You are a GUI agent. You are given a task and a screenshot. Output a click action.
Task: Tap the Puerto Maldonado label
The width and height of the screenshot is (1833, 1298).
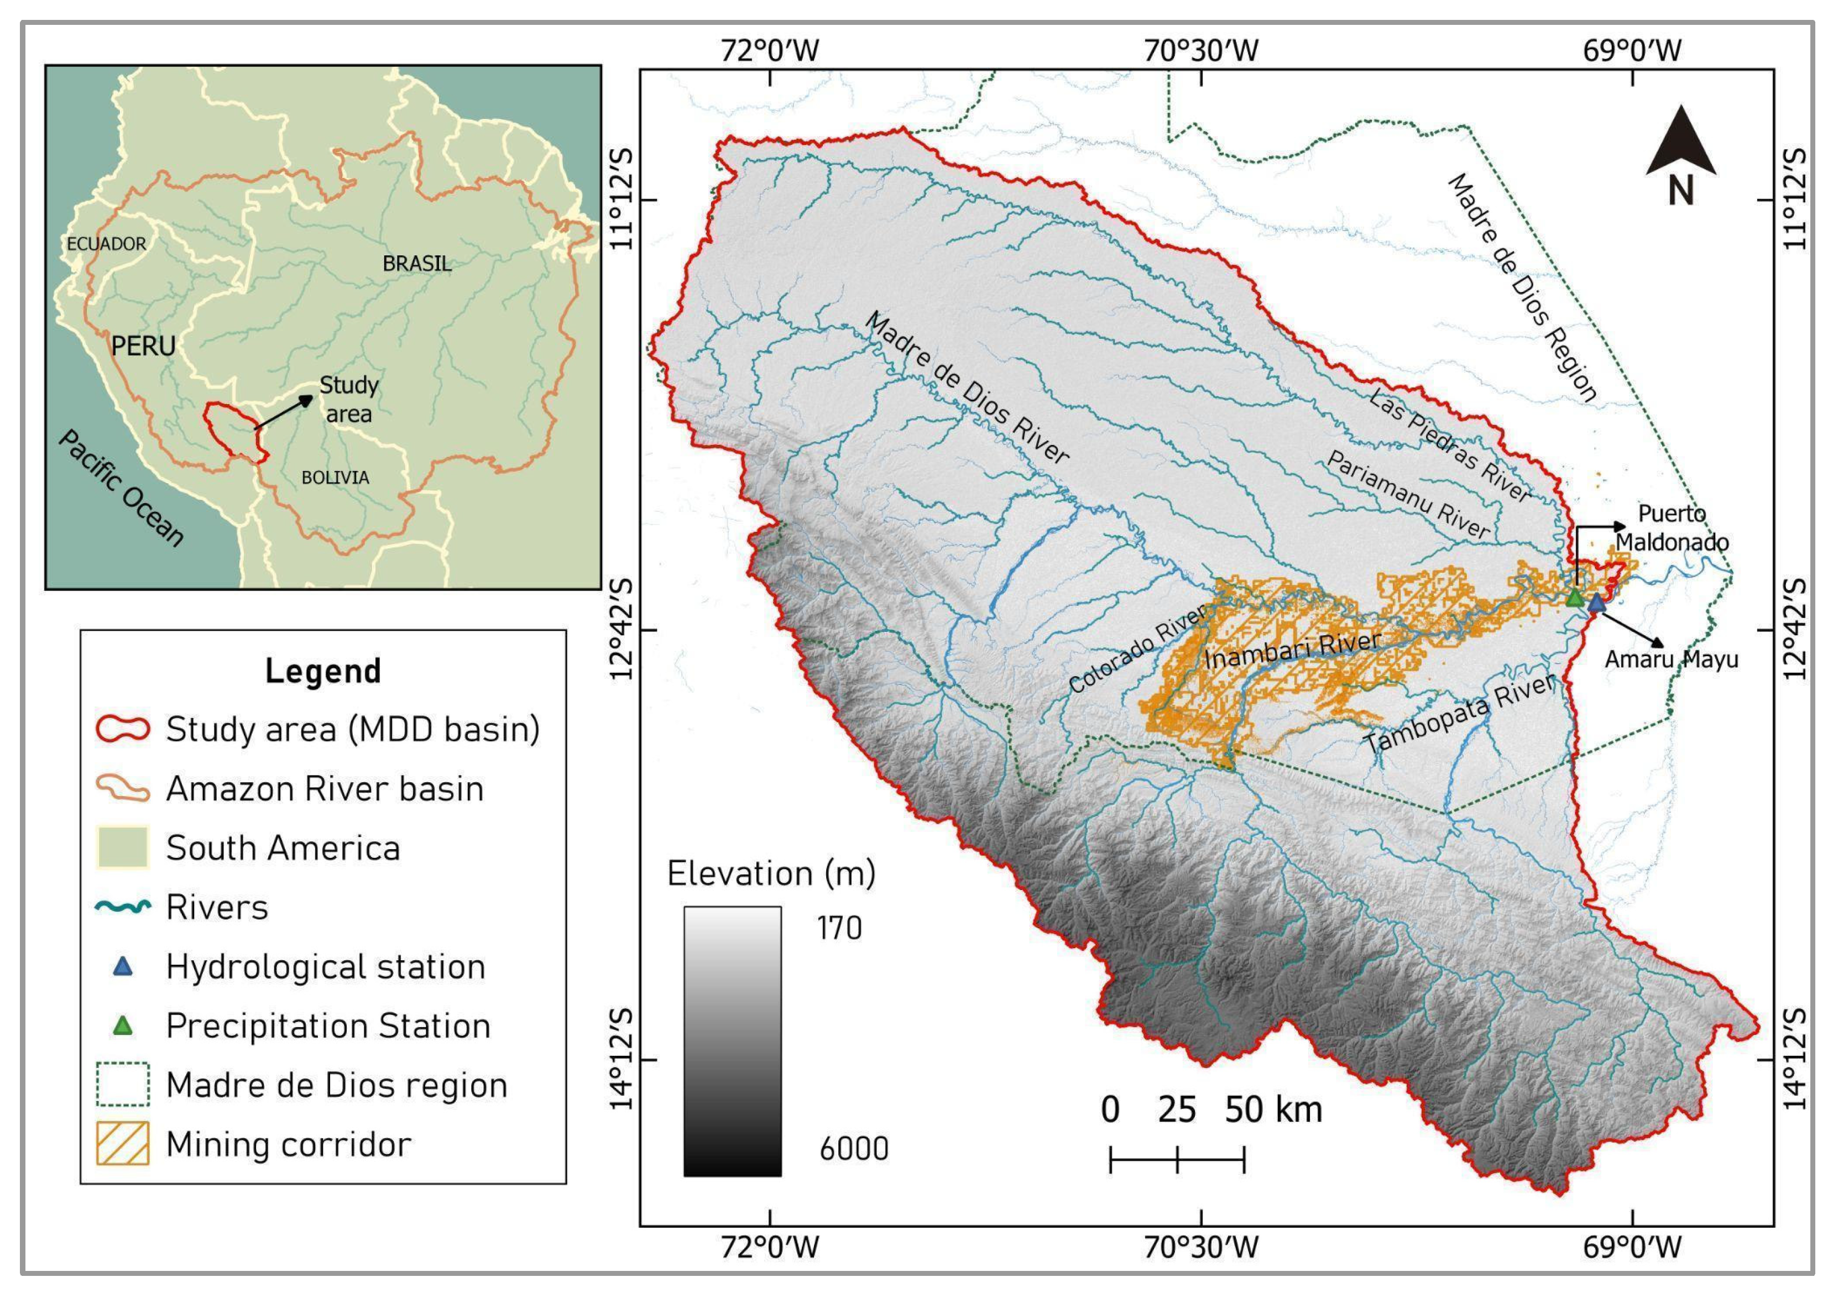(1671, 527)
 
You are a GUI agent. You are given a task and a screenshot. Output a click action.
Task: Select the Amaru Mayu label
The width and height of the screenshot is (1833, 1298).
(1671, 660)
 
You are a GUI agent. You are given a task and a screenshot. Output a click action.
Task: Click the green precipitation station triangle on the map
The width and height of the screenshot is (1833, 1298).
(1574, 597)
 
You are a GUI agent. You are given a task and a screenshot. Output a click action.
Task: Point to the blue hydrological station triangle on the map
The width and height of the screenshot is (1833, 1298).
(1596, 602)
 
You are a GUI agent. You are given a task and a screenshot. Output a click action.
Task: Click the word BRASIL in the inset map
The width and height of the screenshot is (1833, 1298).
(416, 264)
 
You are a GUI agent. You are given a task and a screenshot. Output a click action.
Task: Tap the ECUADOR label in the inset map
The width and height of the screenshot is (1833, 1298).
(106, 244)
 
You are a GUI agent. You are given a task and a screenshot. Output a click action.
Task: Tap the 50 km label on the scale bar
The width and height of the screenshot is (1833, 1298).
(1273, 1109)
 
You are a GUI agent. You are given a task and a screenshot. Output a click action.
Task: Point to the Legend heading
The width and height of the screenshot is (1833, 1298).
(323, 671)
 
